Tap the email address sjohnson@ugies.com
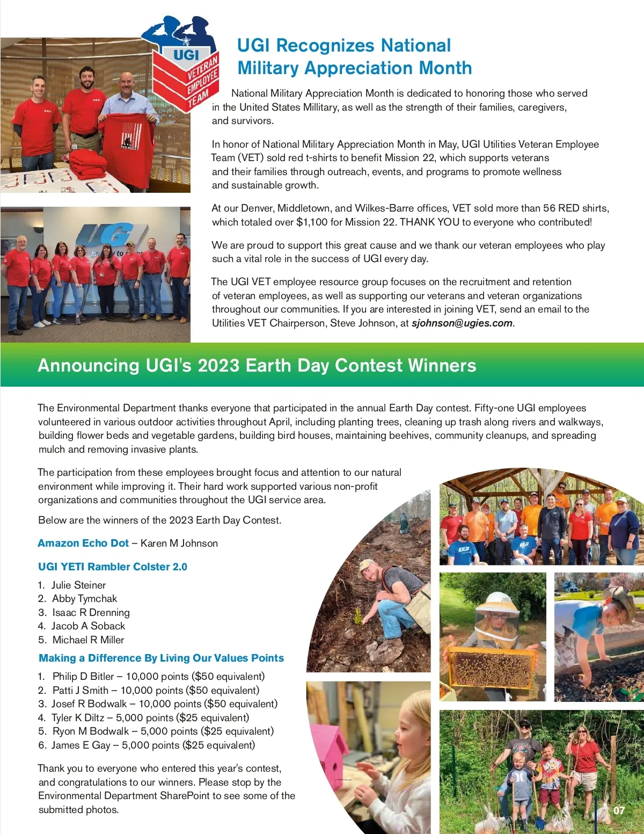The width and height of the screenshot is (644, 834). pos(462,323)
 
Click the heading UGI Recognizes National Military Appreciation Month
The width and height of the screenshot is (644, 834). pos(354,57)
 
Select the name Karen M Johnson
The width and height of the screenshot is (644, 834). pos(179,543)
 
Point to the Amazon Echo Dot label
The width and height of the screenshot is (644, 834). pos(83,543)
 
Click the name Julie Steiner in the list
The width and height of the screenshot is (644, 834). pos(78,585)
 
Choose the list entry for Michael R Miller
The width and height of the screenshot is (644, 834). pos(88,640)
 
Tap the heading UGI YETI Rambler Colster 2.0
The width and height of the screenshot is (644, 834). pos(113,567)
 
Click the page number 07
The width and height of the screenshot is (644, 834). pos(619,810)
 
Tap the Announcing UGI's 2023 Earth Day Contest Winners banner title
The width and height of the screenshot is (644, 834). pos(257,366)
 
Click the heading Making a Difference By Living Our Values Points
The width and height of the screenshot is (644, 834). pos(161,658)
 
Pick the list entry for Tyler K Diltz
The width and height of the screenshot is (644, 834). pos(143,718)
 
